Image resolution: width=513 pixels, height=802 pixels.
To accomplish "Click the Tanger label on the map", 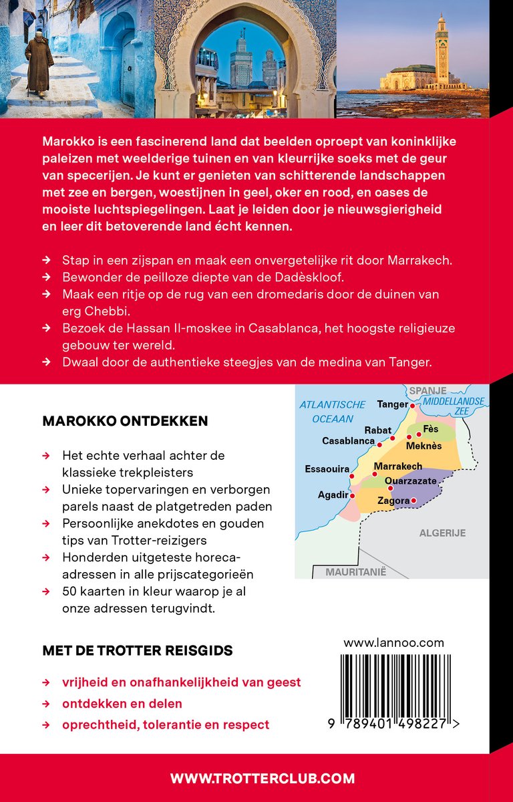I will click(392, 404).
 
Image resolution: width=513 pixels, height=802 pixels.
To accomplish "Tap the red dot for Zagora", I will click(413, 501).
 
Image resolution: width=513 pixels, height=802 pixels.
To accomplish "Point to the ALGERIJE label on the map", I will click(442, 533).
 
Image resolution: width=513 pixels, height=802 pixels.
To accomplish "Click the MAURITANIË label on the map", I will click(356, 572).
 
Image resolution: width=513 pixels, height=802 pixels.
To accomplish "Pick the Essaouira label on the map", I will click(327, 469).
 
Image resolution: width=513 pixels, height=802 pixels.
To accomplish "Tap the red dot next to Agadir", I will click(351, 495).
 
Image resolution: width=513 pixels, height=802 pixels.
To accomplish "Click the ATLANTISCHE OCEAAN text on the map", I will click(333, 412).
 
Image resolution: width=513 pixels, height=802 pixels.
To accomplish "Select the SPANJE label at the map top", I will click(427, 390).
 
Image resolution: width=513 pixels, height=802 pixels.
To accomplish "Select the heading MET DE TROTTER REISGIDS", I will click(138, 650).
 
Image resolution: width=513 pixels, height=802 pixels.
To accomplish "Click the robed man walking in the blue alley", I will click(39, 63).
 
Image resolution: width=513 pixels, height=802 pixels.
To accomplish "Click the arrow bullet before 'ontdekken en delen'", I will click(46, 704).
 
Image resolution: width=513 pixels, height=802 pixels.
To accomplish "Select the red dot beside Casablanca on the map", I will click(379, 444).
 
